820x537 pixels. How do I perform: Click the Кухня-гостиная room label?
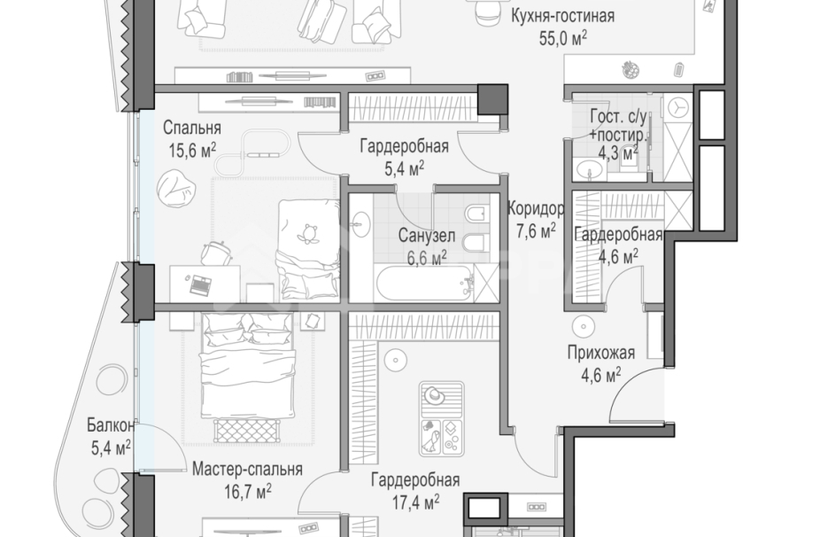click(562, 16)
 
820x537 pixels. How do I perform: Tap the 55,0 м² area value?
click(562, 39)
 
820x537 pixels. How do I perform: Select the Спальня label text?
click(192, 128)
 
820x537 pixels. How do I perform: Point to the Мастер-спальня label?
click(247, 469)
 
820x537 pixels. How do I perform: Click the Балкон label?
click(111, 426)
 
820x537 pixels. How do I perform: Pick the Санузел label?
click(426, 236)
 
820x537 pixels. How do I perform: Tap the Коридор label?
click(536, 209)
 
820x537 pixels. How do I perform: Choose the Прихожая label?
click(601, 354)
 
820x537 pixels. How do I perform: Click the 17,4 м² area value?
click(415, 502)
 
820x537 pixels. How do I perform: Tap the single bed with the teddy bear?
click(308, 249)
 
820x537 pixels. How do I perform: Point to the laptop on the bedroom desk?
click(200, 284)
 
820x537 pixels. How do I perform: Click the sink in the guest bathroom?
click(592, 170)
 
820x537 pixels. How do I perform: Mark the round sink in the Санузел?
click(360, 222)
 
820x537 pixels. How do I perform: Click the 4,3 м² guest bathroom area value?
click(618, 152)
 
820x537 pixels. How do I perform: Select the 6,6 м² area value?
click(426, 258)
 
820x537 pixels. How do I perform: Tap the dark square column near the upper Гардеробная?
click(492, 98)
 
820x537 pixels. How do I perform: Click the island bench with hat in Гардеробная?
click(441, 419)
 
